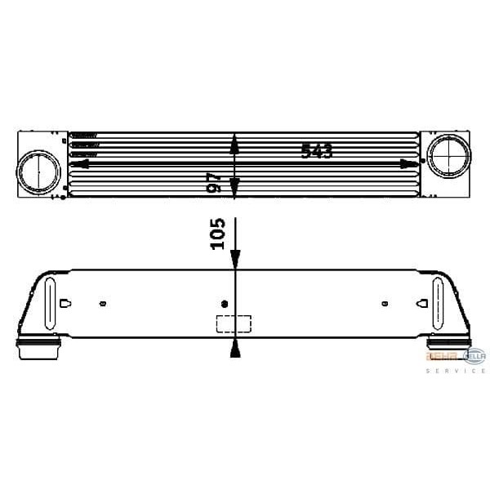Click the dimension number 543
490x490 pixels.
[317, 151]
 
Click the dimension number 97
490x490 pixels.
[214, 181]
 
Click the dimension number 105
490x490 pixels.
[217, 234]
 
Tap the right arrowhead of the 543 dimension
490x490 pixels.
[411, 163]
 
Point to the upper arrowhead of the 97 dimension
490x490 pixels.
[234, 144]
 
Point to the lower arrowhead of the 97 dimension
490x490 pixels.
[234, 189]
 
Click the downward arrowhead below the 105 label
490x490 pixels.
[235, 259]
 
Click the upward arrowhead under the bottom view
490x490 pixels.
[235, 350]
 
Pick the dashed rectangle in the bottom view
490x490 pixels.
[233, 323]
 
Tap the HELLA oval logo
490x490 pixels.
[474, 355]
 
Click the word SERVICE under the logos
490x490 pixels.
[456, 371]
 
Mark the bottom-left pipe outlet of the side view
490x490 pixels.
[37, 349]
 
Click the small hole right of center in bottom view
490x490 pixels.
[384, 305]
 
